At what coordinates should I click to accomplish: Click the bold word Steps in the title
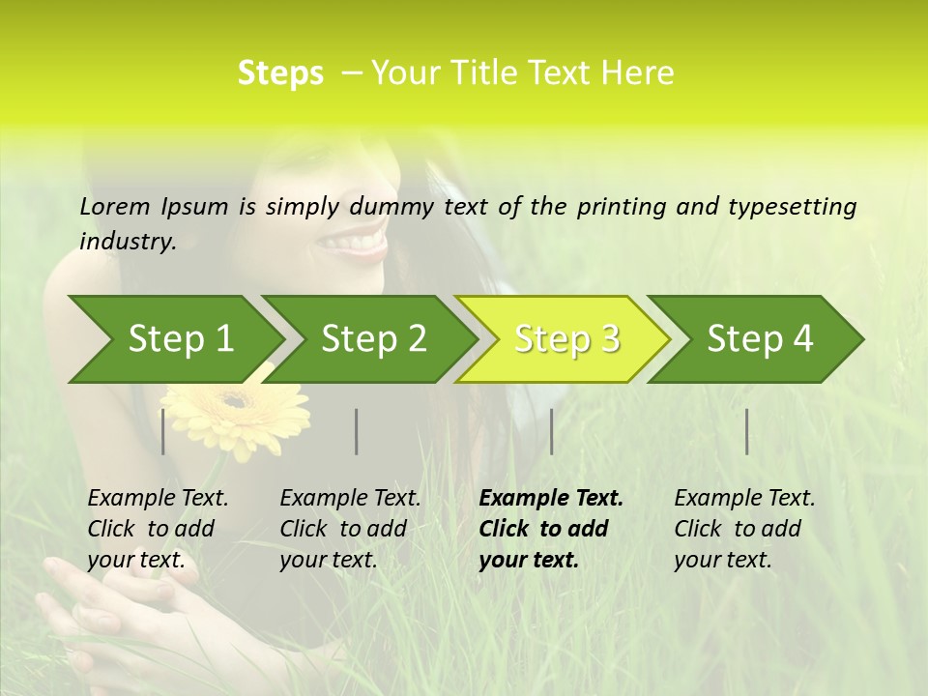[x=280, y=72]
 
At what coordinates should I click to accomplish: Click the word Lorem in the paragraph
[x=114, y=206]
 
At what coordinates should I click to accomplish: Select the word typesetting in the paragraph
[x=792, y=206]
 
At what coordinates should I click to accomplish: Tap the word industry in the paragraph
[x=128, y=241]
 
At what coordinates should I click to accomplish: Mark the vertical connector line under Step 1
[x=163, y=431]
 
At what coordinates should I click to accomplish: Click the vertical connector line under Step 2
[x=357, y=431]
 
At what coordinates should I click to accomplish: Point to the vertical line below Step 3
[x=551, y=431]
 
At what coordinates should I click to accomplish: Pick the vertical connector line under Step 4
[x=747, y=431]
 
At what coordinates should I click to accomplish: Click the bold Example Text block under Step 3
[x=551, y=529]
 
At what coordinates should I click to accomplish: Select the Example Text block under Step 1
[x=158, y=529]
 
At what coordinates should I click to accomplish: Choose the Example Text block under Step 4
[x=744, y=529]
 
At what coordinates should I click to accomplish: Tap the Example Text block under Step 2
[x=350, y=529]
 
